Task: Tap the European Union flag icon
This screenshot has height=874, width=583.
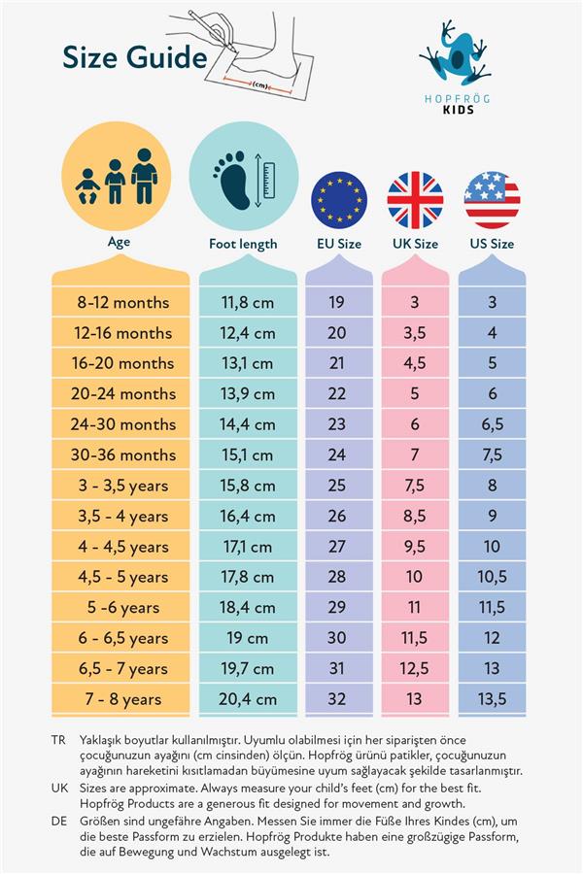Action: click(x=338, y=199)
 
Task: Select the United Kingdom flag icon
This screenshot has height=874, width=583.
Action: click(x=415, y=199)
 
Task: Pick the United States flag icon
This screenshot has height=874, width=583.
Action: click(x=492, y=199)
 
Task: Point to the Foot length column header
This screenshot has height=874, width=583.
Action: click(x=243, y=244)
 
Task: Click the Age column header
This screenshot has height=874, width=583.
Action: click(x=119, y=242)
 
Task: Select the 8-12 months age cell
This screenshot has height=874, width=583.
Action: click(x=122, y=302)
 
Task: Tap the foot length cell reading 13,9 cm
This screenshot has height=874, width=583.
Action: click(x=248, y=393)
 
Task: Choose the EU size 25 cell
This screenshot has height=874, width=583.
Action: click(x=337, y=485)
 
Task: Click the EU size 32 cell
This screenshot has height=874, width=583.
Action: click(x=337, y=698)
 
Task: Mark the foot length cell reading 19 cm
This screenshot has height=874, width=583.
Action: click(x=248, y=638)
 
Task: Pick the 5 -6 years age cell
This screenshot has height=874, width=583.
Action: click(x=122, y=608)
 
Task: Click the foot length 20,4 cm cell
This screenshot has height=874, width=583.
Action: click(x=248, y=698)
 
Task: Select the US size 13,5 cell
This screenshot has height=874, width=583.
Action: click(x=492, y=698)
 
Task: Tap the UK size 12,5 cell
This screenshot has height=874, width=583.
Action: click(x=415, y=668)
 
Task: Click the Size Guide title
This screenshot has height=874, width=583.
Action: click(x=134, y=57)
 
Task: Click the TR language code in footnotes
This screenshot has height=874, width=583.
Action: click(x=58, y=740)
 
